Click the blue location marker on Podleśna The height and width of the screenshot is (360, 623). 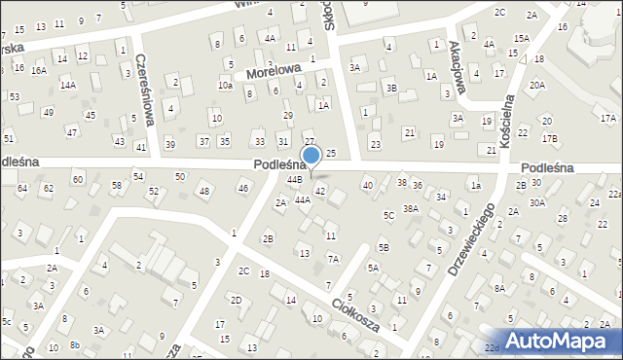click(311, 156)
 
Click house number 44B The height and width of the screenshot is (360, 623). click(294, 180)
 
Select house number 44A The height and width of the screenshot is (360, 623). click(302, 199)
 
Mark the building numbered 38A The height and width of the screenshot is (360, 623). click(411, 208)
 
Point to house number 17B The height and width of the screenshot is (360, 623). click(550, 138)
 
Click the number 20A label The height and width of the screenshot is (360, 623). click(537, 85)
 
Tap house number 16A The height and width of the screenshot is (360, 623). click(38, 70)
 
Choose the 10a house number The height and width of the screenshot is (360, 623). click(225, 86)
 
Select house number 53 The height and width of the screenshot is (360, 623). click(15, 96)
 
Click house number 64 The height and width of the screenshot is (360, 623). click(21, 188)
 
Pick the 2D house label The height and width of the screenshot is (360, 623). click(236, 300)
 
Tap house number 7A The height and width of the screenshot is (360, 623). click(333, 259)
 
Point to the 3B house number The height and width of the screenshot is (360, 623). click(390, 88)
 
